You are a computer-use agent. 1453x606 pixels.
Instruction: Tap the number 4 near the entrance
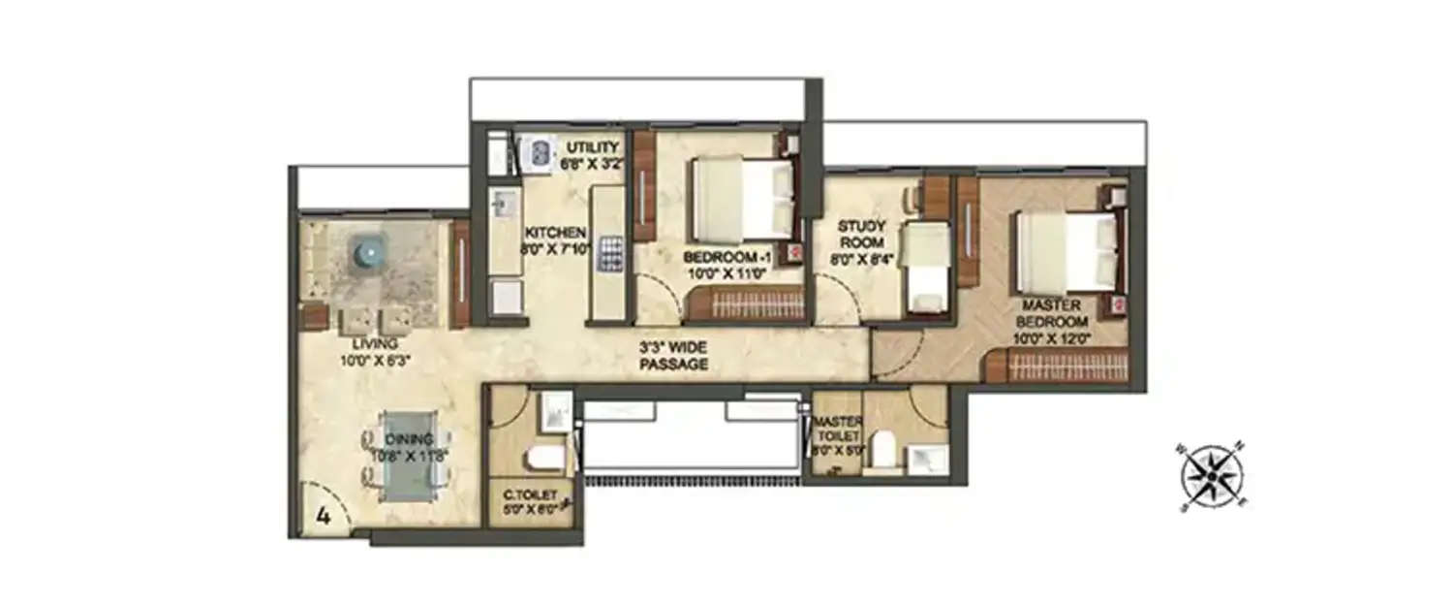pyautogui.click(x=324, y=518)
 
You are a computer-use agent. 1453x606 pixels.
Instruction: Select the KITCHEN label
pyautogui.click(x=555, y=233)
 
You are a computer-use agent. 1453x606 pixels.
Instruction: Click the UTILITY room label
pyautogui.click(x=593, y=147)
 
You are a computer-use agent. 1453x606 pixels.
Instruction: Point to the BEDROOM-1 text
pyautogui.click(x=726, y=257)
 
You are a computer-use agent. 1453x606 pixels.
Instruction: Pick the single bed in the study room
pyautogui.click(x=926, y=267)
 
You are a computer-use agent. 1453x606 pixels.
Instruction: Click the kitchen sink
pyautogui.click(x=502, y=204)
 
